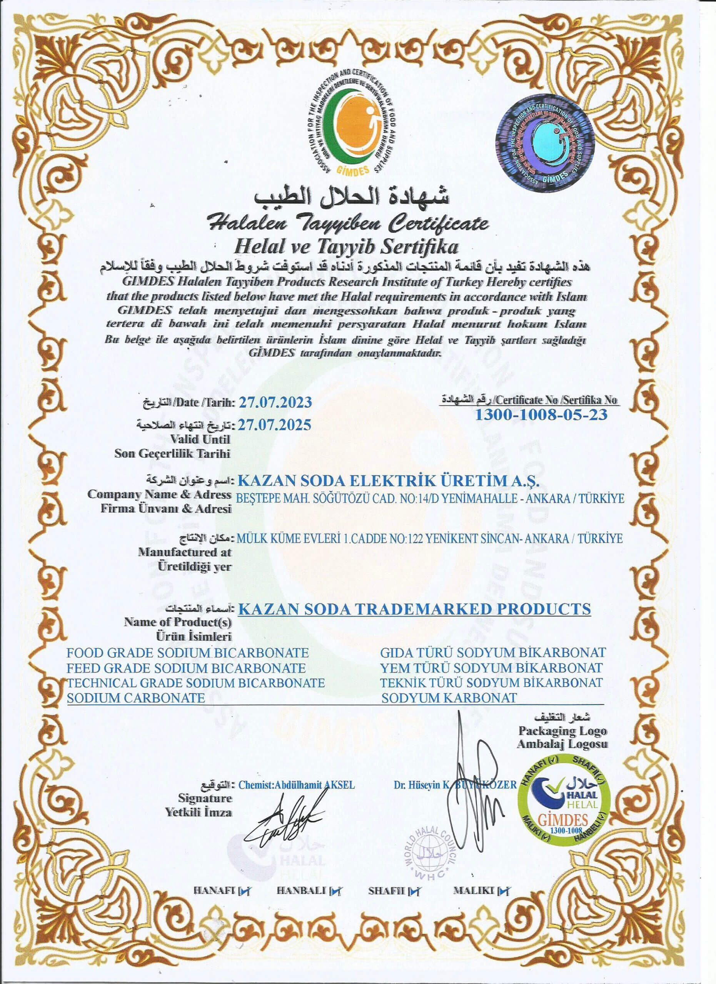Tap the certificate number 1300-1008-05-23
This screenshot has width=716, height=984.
[541, 414]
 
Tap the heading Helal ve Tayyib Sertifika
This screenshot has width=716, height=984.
[346, 247]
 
